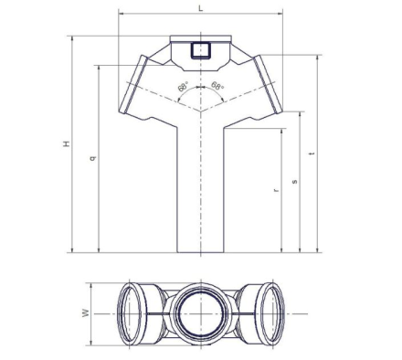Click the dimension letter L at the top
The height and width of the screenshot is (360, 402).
point(200,8)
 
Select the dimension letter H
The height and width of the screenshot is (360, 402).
point(67,143)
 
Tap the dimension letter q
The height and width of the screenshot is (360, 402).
point(93,158)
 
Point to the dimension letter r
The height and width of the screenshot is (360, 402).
point(276,190)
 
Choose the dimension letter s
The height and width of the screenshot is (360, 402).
point(294,182)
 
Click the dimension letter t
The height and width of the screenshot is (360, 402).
point(312,154)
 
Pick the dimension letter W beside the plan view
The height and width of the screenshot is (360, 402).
point(86,312)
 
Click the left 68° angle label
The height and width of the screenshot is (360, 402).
point(183,87)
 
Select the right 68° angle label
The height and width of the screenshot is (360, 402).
point(217,86)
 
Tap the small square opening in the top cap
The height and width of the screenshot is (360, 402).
point(201,50)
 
